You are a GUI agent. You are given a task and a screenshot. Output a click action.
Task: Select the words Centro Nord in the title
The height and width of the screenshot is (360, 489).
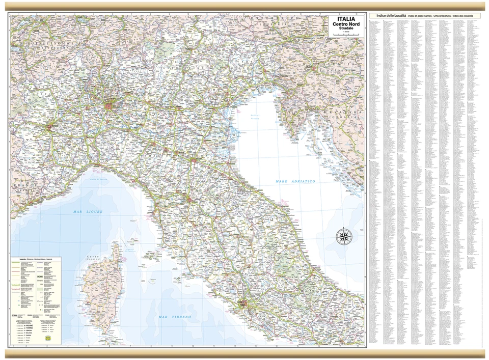(344, 24)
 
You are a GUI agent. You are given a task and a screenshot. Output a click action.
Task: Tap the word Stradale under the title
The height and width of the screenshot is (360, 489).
(344, 30)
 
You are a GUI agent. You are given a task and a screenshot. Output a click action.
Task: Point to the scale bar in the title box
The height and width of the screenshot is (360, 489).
(344, 35)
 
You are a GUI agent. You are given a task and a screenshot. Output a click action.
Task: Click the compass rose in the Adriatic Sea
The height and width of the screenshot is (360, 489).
(344, 236)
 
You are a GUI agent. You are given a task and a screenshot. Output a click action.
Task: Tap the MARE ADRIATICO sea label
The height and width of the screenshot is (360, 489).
(295, 181)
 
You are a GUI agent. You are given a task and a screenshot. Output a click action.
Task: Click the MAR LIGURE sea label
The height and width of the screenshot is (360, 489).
(88, 211)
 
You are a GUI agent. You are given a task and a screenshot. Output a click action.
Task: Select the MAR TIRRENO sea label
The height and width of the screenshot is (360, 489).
(174, 317)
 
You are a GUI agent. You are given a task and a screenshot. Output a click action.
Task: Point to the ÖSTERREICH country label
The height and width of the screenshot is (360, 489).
(270, 19)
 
